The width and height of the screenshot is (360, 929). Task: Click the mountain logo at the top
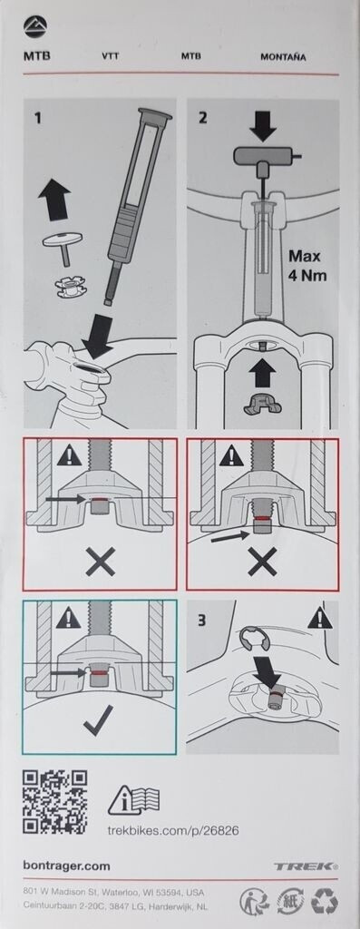point(35,26)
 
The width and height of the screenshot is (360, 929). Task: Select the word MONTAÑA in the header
point(283,57)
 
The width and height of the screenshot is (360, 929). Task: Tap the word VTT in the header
point(110,57)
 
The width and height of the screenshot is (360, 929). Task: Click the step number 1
point(38,118)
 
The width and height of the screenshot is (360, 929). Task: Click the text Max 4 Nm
point(308,266)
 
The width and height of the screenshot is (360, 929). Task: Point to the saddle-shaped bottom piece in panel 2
point(262,406)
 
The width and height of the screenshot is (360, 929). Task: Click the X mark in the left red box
point(100,561)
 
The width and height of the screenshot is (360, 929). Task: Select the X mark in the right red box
point(262,561)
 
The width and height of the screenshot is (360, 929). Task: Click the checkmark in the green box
point(98,722)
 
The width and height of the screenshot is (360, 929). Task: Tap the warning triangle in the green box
point(69,619)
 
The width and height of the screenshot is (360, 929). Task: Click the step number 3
point(202,622)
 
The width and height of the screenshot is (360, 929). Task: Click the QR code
point(55,802)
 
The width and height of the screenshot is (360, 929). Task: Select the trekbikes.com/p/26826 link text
point(173,830)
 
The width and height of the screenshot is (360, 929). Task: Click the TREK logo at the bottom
point(306,866)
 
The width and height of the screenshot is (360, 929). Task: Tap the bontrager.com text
point(67,865)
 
